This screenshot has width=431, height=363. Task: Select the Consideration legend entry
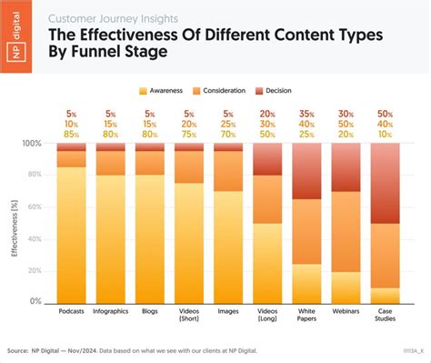[233, 91]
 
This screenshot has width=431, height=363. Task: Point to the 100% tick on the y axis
[32, 144]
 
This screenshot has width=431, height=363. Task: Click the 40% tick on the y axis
[34, 238]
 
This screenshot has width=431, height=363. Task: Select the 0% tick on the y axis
[35, 301]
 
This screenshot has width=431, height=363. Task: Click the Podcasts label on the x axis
[72, 311]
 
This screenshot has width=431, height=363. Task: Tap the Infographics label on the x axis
[111, 311]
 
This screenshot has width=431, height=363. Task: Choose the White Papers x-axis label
[306, 315]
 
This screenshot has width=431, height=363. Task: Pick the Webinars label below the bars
[346, 311]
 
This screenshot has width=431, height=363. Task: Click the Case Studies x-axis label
[385, 315]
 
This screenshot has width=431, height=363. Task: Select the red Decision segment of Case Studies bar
[385, 183]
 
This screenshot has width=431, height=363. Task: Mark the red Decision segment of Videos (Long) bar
[267, 159]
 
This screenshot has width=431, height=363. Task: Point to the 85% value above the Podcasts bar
[72, 134]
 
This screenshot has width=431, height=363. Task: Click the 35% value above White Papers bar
[306, 114]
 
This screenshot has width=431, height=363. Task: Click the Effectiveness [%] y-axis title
[15, 224]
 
